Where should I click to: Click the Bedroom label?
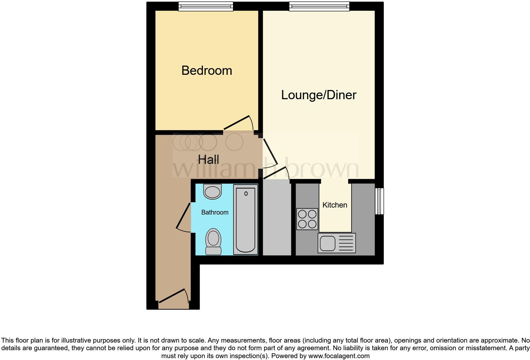tap(207, 70)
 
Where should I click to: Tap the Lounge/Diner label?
tap(319, 95)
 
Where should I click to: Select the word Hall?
tap(209, 159)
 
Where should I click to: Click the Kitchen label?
tap(335, 205)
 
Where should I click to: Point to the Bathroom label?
tap(215, 212)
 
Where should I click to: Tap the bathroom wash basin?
tap(212, 192)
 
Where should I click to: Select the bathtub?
tap(246, 219)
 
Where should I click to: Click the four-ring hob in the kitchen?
tap(307, 219)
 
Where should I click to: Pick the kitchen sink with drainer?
tap(337, 243)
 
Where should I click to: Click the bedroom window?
tap(206, 6)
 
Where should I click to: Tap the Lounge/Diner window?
tap(319, 6)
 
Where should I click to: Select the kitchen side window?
tap(379, 201)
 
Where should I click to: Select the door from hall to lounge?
tap(270, 151)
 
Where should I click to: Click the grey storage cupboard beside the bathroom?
tap(277, 219)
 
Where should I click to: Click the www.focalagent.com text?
tap(339, 356)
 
